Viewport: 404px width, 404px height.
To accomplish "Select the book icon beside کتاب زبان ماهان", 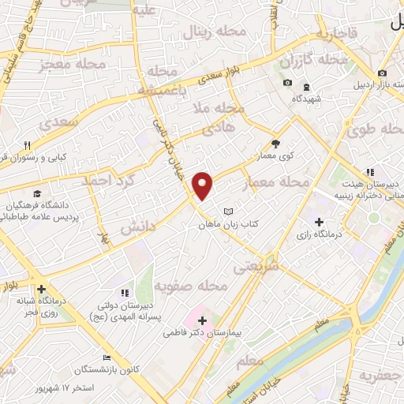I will point(228,211).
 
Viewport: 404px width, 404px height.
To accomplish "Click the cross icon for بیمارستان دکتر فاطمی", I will point(203,320).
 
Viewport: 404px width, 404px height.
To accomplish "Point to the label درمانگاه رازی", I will point(318,234).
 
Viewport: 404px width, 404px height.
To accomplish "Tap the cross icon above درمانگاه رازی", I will point(318,222).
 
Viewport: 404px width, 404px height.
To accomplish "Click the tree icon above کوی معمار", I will point(275,144).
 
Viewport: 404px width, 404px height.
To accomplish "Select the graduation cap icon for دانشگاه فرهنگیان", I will point(37,193).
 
